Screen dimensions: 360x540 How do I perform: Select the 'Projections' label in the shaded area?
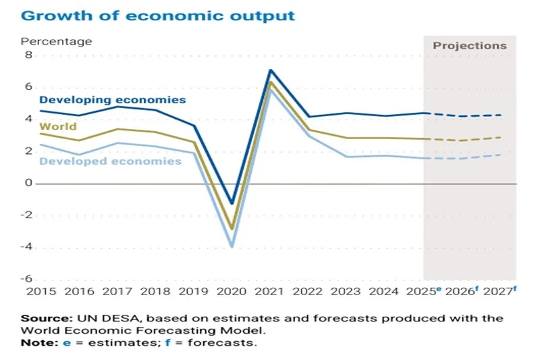[469, 46]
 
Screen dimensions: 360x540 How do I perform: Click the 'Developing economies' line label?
[112, 99]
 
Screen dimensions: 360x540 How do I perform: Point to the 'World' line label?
[58, 126]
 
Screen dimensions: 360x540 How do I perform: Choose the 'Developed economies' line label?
[110, 161]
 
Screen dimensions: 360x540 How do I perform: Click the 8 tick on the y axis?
[28, 55]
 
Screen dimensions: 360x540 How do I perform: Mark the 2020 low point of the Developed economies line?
[232, 247]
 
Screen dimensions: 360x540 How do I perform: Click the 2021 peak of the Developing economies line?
[271, 70]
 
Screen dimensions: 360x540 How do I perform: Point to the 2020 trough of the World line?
[232, 229]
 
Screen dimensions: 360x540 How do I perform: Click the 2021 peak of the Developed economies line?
[271, 91]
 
